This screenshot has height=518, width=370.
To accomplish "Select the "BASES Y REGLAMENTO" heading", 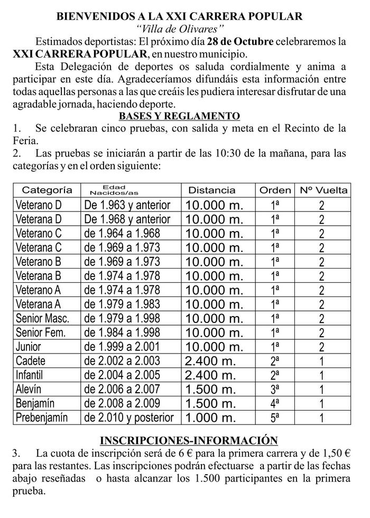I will point(180,116).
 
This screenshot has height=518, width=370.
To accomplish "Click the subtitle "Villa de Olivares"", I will point(180,29).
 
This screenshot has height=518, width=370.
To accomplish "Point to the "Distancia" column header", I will point(211,190).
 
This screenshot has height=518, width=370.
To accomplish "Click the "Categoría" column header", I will point(47,190).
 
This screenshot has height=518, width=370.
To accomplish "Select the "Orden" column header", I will point(275,190).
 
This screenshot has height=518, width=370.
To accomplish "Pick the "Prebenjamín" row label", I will point(42,418).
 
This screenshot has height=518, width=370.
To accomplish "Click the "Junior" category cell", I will point(29,347).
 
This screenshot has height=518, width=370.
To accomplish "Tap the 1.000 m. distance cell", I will point(210,418).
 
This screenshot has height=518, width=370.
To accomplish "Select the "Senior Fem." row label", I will point(41,332).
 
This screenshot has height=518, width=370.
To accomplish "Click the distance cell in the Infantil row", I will point(210,375).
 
